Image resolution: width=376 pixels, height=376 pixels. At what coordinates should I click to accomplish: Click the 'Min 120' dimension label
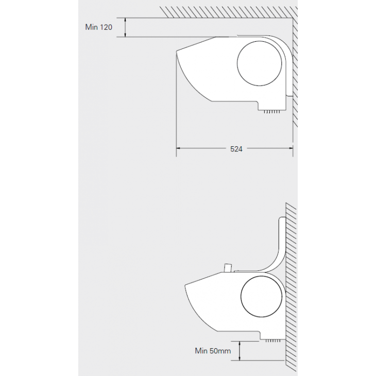(98, 27)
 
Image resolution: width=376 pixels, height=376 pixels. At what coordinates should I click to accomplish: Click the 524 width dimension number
(236, 149)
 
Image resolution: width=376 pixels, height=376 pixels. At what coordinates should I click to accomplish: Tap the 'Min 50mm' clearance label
(213, 351)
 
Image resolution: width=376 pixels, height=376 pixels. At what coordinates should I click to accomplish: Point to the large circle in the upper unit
(259, 63)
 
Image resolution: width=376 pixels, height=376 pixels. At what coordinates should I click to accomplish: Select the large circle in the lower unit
(261, 296)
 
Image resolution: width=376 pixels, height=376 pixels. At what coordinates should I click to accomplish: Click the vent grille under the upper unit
(271, 112)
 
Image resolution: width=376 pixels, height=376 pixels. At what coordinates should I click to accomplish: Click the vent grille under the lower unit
(273, 341)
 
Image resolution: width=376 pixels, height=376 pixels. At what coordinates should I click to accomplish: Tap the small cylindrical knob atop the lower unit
(228, 268)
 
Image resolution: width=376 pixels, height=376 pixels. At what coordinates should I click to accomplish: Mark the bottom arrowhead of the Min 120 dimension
(125, 35)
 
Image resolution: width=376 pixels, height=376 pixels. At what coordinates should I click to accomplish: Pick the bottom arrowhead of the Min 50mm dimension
(240, 358)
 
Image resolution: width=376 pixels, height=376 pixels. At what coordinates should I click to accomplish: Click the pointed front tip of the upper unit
(177, 52)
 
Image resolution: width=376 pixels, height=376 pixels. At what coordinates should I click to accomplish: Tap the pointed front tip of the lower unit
(185, 285)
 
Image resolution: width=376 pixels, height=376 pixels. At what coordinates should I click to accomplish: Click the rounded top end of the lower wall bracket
(282, 218)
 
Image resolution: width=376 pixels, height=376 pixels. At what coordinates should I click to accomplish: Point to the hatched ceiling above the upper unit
(229, 12)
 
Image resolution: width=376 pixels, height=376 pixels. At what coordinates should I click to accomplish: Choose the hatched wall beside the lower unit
(291, 287)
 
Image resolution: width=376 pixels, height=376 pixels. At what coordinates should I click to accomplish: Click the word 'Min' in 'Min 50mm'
(201, 351)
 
